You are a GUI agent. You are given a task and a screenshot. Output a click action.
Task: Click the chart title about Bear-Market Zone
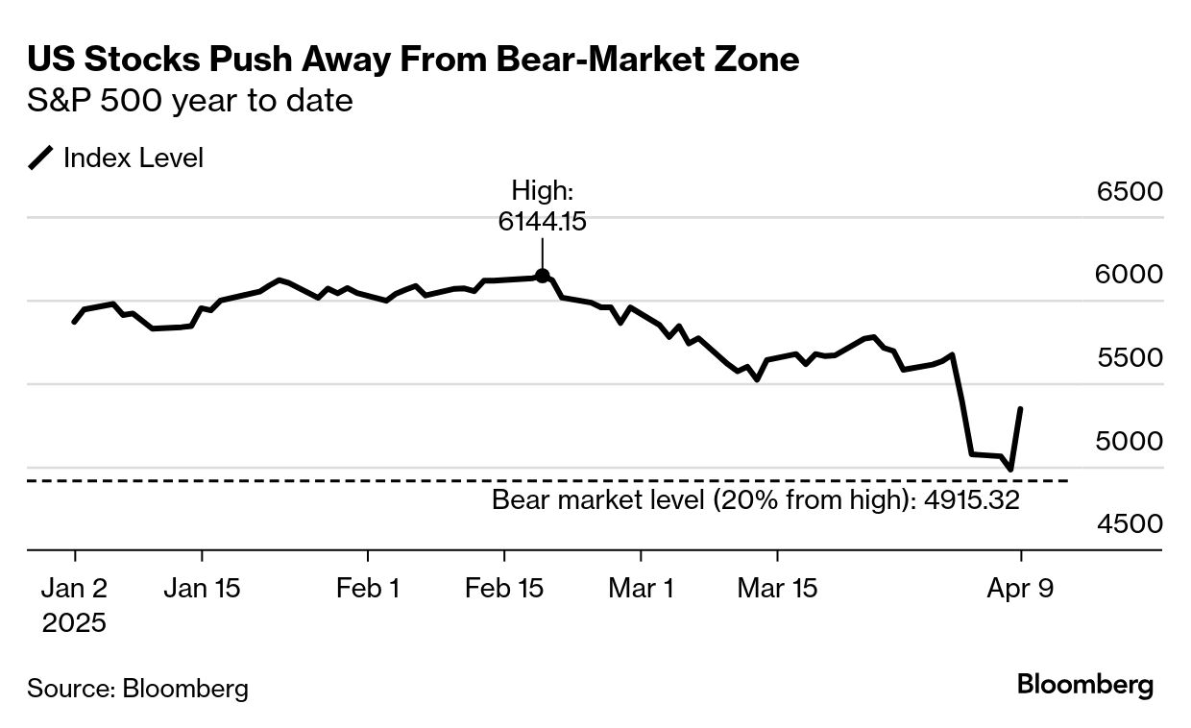(x=413, y=60)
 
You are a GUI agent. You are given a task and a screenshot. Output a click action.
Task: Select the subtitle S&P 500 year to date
(x=190, y=101)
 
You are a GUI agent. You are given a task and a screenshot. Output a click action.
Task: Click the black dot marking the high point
(x=542, y=276)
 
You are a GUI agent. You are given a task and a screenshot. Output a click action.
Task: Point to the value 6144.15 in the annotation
(x=542, y=222)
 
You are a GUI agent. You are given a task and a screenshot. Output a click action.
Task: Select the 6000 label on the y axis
(x=1130, y=275)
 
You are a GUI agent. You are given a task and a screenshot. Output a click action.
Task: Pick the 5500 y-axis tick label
(x=1130, y=358)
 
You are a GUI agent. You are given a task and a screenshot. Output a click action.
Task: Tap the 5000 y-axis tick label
(x=1130, y=442)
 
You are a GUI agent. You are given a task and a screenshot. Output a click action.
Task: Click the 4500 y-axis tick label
(x=1130, y=524)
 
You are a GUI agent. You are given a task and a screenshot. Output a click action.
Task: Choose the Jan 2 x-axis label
(x=75, y=588)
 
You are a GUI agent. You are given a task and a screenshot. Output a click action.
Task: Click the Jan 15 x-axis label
(x=202, y=588)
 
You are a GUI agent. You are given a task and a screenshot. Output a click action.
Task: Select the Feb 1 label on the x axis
(x=368, y=588)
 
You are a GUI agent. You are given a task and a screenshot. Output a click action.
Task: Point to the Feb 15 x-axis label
(x=504, y=588)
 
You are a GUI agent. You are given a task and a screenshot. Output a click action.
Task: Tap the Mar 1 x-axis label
(x=641, y=588)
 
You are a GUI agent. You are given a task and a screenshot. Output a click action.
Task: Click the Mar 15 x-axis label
(x=777, y=588)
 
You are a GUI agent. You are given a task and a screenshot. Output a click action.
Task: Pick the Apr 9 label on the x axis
(x=1020, y=588)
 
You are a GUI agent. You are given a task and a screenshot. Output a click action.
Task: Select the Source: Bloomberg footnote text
(x=137, y=688)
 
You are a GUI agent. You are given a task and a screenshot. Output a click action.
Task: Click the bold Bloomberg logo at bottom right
(x=1085, y=686)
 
